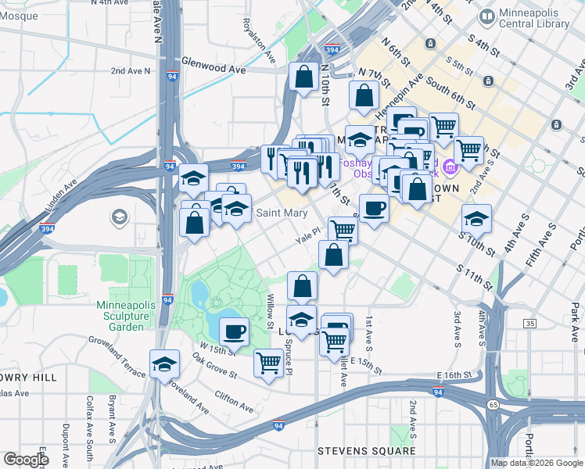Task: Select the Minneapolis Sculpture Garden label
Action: pyautogui.click(x=121, y=316)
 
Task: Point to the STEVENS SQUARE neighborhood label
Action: pyautogui.click(x=366, y=451)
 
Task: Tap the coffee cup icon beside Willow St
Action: pyautogui.click(x=234, y=332)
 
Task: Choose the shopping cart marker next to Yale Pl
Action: pyautogui.click(x=343, y=230)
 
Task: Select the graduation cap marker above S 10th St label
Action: pyautogui.click(x=476, y=218)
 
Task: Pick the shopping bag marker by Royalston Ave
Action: pyautogui.click(x=303, y=77)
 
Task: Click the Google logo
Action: pyautogui.click(x=25, y=459)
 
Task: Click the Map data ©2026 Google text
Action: pyautogui.click(x=536, y=463)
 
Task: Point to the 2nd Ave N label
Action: pyautogui.click(x=130, y=71)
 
